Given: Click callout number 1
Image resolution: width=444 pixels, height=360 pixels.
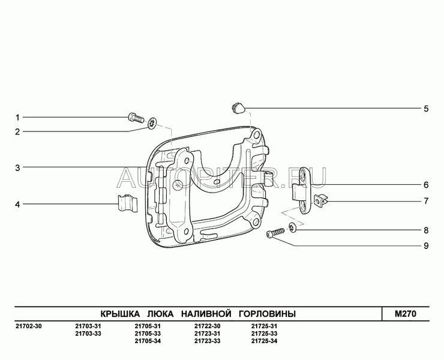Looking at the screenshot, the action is pyautogui.click(x=17, y=117).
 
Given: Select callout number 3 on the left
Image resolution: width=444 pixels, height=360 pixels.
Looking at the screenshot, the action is pyautogui.click(x=17, y=167).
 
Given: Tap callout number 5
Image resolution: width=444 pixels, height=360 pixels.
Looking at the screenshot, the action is pyautogui.click(x=426, y=109).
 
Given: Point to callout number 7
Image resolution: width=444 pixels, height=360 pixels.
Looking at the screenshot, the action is pyautogui.click(x=426, y=201).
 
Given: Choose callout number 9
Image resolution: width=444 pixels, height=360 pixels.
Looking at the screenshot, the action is pyautogui.click(x=426, y=245).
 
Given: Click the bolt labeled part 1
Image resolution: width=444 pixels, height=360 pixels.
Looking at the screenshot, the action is pyautogui.click(x=136, y=118).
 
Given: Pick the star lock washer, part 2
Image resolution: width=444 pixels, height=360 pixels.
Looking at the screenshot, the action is pyautogui.click(x=152, y=123).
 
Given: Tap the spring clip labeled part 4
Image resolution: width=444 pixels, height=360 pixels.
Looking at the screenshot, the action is pyautogui.click(x=127, y=203).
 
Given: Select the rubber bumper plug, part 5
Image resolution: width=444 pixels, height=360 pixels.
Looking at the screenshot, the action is pyautogui.click(x=237, y=108).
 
